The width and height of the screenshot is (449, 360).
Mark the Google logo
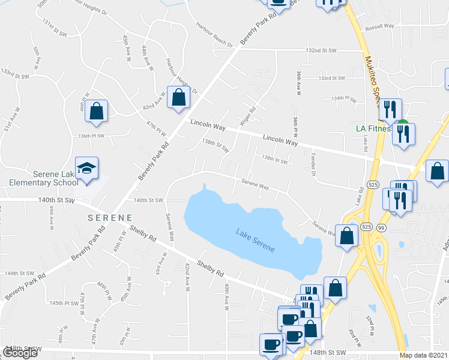[x=20, y=353]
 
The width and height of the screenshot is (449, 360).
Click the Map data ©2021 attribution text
[x=423, y=355]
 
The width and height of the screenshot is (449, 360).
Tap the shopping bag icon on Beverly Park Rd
[x=178, y=98]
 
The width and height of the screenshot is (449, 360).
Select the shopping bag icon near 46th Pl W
[x=96, y=112]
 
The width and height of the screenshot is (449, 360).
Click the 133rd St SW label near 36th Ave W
[x=332, y=78]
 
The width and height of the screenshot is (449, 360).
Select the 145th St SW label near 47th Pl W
[x=65, y=303]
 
